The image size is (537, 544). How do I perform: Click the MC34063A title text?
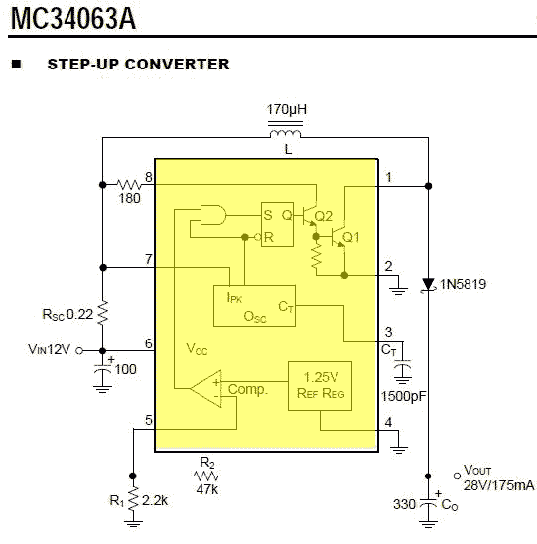73,19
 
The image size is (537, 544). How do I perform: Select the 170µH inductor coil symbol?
285,134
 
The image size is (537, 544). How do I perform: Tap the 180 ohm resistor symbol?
129,184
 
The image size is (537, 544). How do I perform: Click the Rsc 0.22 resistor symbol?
102,313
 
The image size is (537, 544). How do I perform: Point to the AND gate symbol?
213,215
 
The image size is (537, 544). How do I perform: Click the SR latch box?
277,224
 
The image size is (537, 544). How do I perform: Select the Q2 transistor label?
323,216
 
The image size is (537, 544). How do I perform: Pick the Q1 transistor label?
350,237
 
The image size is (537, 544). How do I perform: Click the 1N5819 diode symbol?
428,285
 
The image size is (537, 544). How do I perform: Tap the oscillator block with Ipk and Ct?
254,306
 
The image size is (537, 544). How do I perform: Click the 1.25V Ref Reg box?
321,386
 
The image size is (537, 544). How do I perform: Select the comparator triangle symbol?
205,388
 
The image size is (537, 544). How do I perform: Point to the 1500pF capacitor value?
403,396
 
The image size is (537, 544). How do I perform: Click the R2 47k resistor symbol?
205,476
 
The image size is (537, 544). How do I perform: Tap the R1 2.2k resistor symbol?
133,499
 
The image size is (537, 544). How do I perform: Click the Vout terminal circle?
457,476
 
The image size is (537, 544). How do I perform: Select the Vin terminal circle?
79,351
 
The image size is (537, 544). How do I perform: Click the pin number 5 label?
149,420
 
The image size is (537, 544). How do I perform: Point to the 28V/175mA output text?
498,485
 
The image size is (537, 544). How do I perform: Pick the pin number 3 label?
388,332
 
